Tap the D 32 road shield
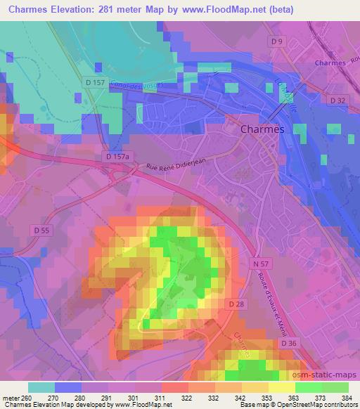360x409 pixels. tap(339, 101)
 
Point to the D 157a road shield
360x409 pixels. tap(117, 156)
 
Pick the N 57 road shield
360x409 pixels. tap(259, 263)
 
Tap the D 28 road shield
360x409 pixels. tap(236, 303)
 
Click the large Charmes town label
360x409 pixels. tap(262, 129)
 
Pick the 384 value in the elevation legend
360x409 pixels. tap(347, 398)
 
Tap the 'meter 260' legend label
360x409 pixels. tap(18, 398)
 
